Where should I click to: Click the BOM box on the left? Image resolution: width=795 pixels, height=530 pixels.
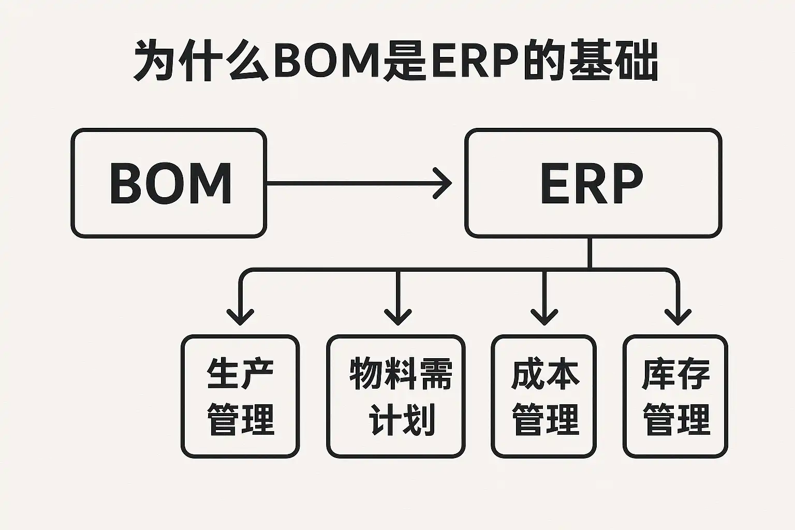click(x=169, y=183)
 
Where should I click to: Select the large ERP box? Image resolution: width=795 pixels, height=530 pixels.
click(x=593, y=183)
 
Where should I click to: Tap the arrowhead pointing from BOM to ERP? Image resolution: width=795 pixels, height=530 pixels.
click(x=444, y=183)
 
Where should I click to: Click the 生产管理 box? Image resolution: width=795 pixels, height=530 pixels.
click(x=240, y=396)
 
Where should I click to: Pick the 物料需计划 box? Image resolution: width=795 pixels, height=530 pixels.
click(x=396, y=396)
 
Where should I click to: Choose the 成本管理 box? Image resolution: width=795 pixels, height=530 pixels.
click(x=543, y=396)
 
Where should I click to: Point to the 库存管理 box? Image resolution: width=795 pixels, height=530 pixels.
click(x=675, y=396)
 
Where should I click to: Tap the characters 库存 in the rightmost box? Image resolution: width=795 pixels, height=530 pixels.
click(x=675, y=374)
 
